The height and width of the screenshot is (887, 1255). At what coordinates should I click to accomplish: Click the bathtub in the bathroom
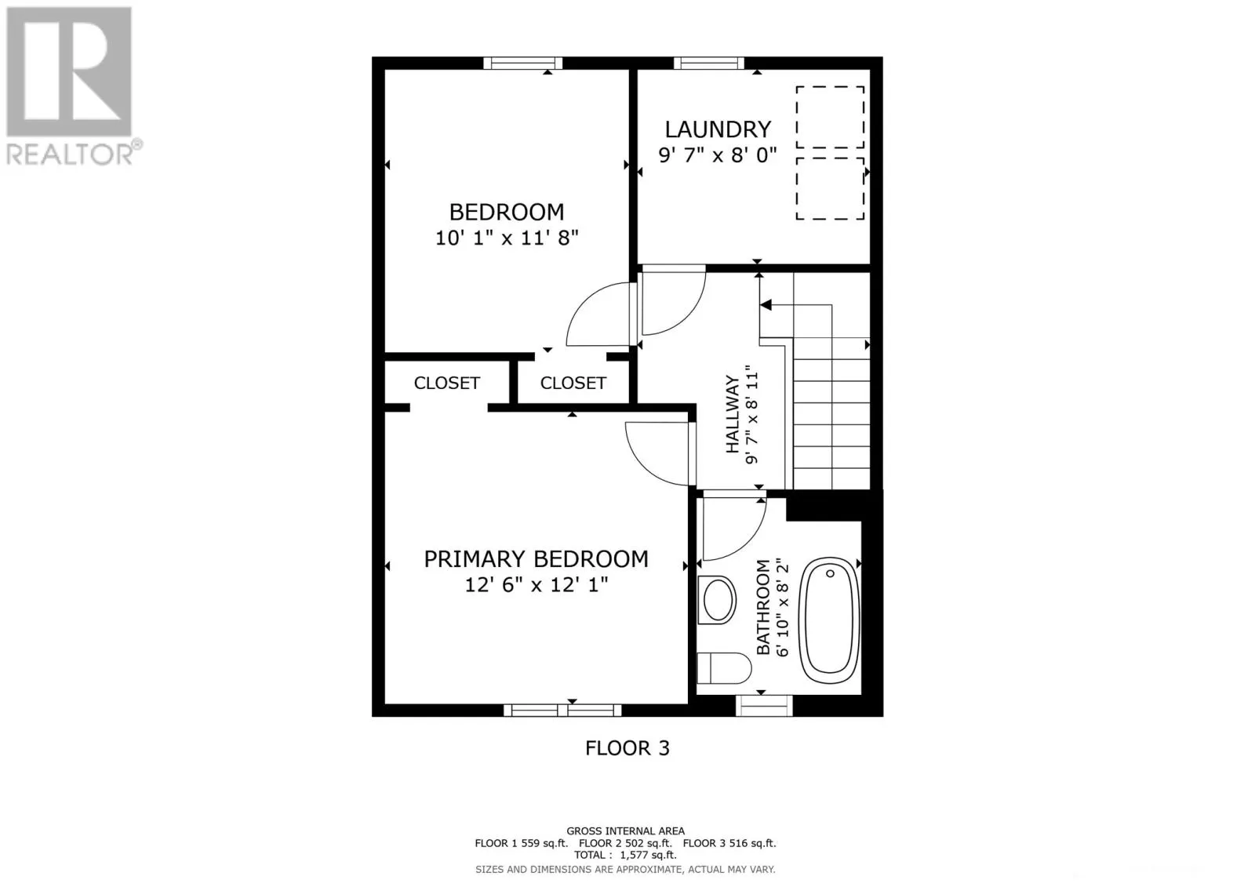click(x=829, y=617)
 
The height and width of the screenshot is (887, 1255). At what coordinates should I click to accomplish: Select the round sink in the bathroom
click(x=718, y=601)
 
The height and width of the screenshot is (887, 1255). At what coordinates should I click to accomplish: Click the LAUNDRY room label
click(x=718, y=129)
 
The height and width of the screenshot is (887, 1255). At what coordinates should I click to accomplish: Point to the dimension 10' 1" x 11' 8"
click(x=507, y=238)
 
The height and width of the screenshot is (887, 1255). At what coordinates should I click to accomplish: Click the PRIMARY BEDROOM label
click(x=536, y=559)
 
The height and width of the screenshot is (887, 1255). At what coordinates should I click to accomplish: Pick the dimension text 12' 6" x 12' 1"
click(x=536, y=585)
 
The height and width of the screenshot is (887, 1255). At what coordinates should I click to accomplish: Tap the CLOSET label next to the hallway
click(x=573, y=383)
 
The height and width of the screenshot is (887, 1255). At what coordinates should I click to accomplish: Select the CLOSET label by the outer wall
click(x=446, y=383)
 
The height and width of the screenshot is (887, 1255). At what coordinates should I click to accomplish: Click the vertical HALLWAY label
click(x=732, y=414)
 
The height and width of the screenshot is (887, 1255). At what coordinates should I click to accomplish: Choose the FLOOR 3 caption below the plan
click(x=627, y=748)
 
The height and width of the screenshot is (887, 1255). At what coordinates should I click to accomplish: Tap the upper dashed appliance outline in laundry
click(x=830, y=117)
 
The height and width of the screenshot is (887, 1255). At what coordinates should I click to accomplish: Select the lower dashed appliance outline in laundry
click(x=830, y=188)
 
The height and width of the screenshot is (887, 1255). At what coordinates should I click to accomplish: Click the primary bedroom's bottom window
click(x=562, y=711)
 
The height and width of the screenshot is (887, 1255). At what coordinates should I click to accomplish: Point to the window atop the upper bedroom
click(x=522, y=64)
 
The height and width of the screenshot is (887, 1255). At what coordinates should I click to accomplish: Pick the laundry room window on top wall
click(x=708, y=64)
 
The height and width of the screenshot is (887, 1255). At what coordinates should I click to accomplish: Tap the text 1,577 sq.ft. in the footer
click(x=647, y=856)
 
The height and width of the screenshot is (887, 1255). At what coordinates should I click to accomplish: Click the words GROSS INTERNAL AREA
click(x=625, y=831)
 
